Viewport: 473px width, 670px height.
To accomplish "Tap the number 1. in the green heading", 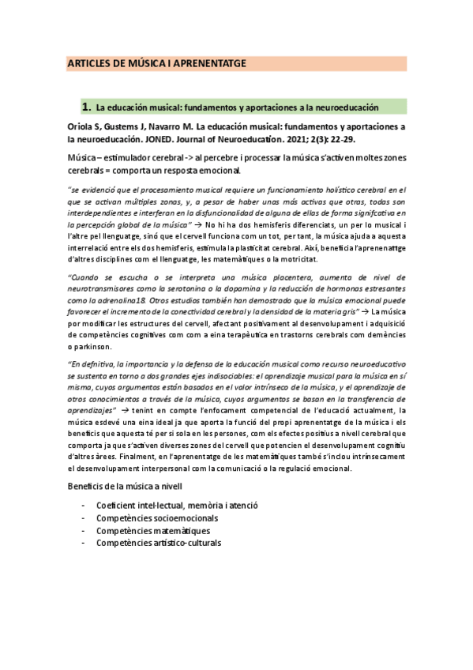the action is click(87, 106).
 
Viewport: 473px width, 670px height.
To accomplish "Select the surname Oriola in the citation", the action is click(81, 127).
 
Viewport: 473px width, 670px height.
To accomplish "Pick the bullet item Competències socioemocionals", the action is click(157, 518).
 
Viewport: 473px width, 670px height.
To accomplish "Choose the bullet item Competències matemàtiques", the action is click(147, 531).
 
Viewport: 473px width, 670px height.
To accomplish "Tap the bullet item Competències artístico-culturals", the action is click(159, 543).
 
